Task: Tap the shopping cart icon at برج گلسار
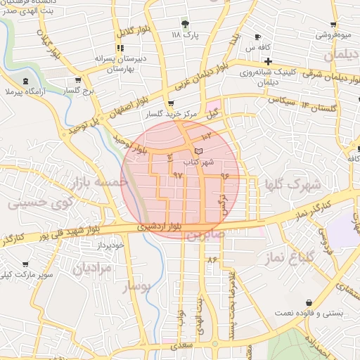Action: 77,81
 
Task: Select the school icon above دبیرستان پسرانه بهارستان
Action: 120,48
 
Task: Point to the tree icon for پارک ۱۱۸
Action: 185,23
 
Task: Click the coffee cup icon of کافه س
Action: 257,37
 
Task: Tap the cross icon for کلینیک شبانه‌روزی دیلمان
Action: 268,62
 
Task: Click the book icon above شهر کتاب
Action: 198,151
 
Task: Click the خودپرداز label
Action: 112,244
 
